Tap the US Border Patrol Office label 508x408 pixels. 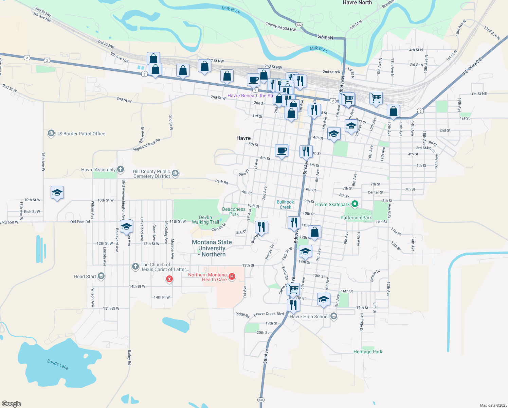coord(80,134)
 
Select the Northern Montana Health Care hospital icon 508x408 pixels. coord(232,277)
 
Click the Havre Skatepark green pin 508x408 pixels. coord(355,204)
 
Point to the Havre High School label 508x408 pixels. coord(309,317)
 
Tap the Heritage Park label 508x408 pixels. coord(367,352)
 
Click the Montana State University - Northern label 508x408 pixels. coord(212,248)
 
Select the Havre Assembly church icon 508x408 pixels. coord(121,169)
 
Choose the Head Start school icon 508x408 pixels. coord(101,276)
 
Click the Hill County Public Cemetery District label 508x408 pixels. coord(151,174)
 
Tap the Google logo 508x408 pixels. coord(12,404)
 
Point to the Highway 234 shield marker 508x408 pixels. coord(261,400)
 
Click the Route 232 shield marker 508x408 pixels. coord(299,25)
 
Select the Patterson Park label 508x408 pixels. coord(356,218)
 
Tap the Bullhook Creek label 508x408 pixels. coord(285,204)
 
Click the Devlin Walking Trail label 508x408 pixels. coord(205,220)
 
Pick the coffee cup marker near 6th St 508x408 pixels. coord(282,150)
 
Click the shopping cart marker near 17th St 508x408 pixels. coord(293,289)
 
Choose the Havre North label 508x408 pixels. coord(357,3)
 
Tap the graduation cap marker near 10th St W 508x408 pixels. coord(57,193)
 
